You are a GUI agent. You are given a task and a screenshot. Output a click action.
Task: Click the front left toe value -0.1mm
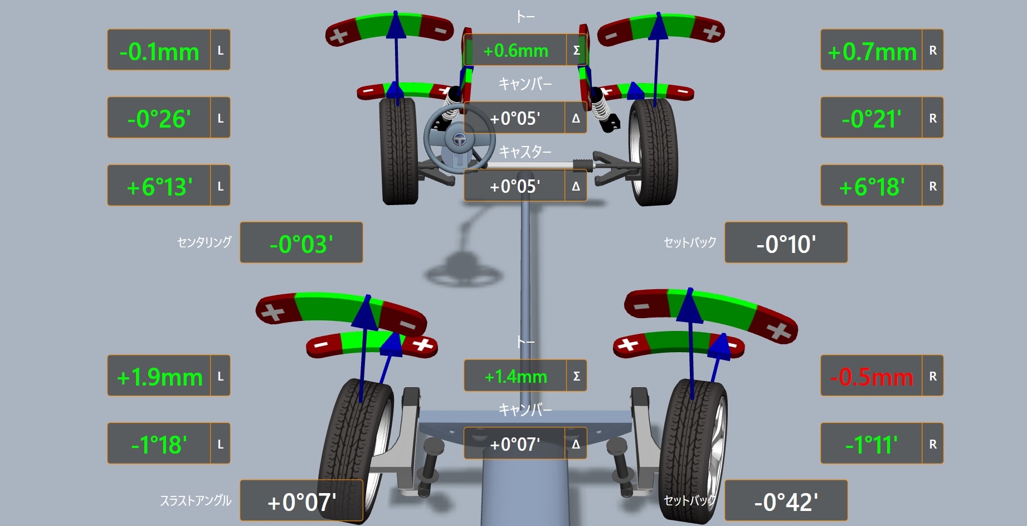coord(159,52)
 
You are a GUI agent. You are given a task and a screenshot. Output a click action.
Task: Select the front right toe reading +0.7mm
coord(872,52)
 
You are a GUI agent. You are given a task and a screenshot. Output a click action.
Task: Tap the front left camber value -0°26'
coord(159,119)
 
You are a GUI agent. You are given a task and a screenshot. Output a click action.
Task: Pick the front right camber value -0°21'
coord(872,119)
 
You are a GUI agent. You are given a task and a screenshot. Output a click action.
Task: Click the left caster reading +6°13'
coord(160,187)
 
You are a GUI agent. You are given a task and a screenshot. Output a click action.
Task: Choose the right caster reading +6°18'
coord(872,187)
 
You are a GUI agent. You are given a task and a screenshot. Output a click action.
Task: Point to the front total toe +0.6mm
coord(515,51)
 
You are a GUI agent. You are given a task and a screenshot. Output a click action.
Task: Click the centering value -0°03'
coord(301,244)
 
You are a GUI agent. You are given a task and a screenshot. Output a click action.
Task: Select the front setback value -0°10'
coord(786,244)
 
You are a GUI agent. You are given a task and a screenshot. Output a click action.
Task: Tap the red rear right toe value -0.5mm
coord(872,377)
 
